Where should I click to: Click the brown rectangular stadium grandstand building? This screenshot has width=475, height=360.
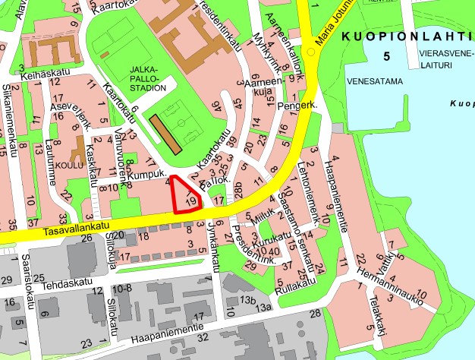pyautogui.click(x=165, y=134)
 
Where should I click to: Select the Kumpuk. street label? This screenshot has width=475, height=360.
pyautogui.click(x=147, y=175)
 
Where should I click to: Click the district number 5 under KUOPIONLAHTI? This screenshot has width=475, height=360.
pyautogui.click(x=387, y=57)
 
